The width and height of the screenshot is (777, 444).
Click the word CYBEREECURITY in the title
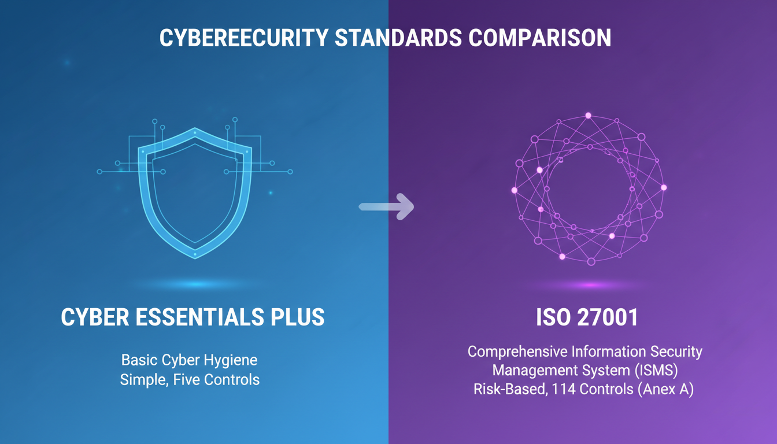[242, 38]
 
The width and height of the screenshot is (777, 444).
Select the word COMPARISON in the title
[539, 38]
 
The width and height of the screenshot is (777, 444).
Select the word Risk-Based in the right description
[508, 389]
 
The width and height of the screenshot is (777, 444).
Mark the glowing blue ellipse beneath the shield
[195, 284]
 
